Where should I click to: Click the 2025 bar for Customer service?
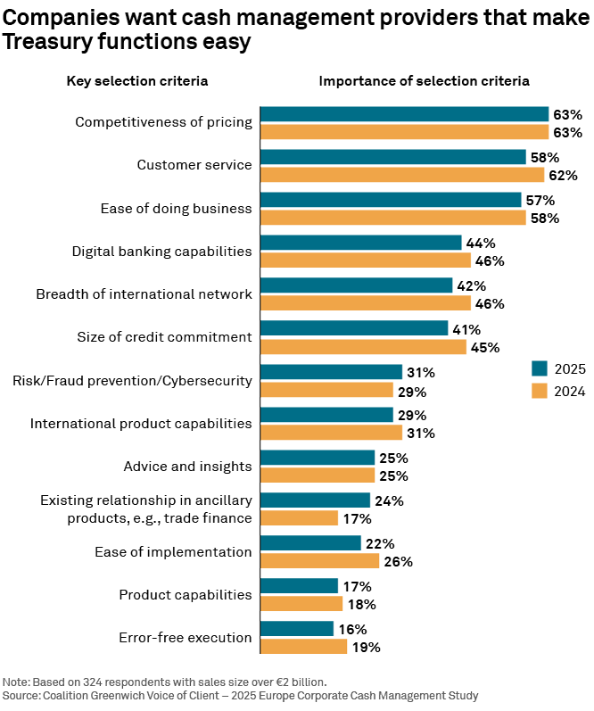click(x=393, y=157)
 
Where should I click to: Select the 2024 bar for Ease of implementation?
click(x=319, y=561)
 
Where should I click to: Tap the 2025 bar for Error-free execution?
click(x=297, y=628)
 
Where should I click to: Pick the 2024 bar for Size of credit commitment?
click(x=363, y=347)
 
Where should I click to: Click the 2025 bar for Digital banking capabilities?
click(x=361, y=243)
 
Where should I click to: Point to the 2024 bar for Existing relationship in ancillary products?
click(x=300, y=517)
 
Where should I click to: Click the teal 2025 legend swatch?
click(x=540, y=368)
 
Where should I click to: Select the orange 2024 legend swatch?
click(x=540, y=391)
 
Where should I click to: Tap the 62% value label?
click(x=563, y=176)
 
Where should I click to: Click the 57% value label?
click(x=540, y=200)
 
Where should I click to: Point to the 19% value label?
click(x=366, y=647)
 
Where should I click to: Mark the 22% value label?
click(x=380, y=543)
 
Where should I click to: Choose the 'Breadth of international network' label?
click(x=144, y=293)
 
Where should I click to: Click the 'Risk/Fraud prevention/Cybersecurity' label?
click(x=132, y=381)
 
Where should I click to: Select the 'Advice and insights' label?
click(x=187, y=467)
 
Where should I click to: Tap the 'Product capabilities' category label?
click(x=185, y=595)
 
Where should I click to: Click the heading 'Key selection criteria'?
click(x=137, y=80)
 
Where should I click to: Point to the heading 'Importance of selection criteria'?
click(x=424, y=80)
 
